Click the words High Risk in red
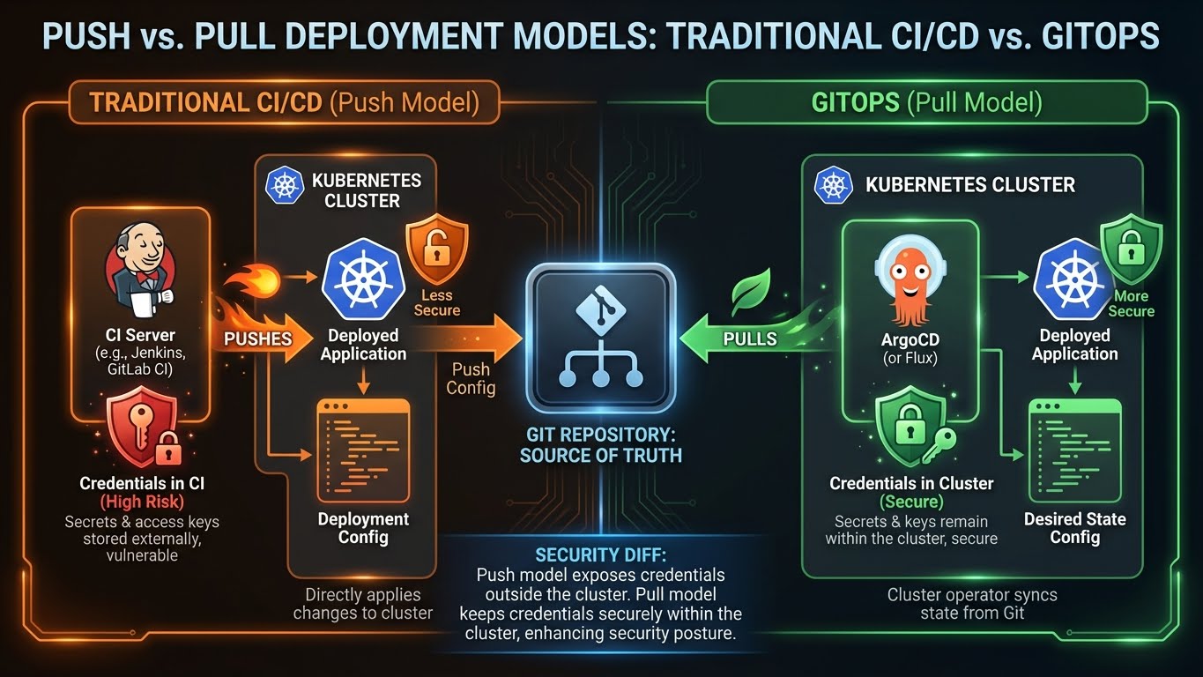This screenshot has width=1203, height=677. point(142,502)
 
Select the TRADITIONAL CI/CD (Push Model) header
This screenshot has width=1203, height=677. point(284,102)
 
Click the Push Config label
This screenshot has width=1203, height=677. point(472,378)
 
